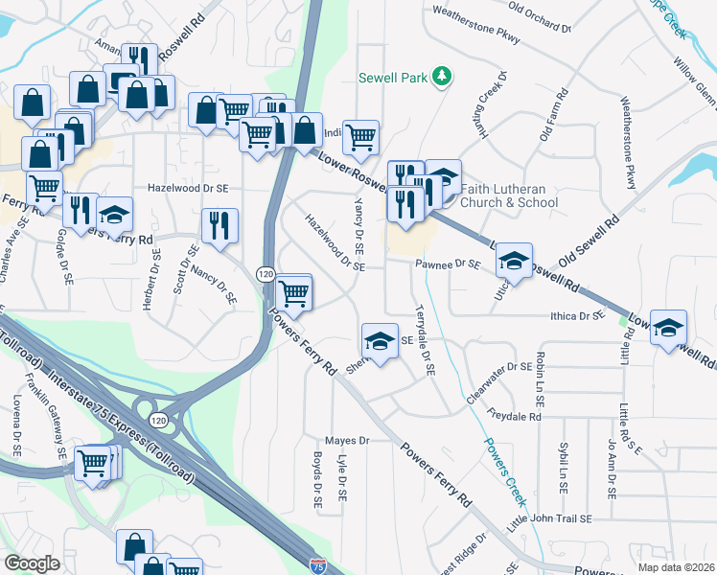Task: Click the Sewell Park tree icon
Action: pos(442,76)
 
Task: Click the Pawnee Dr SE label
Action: pos(447,264)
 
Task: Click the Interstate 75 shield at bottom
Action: pos(317,566)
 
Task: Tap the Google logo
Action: pos(32,563)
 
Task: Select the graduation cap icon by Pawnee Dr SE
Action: pos(514,261)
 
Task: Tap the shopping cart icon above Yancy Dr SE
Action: pos(360,137)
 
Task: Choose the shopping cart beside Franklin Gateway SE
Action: pos(93,464)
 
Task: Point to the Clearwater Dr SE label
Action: pos(498,366)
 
